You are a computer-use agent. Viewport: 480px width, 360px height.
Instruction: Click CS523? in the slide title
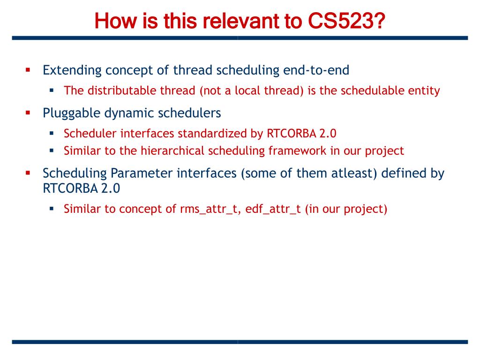click(x=346, y=21)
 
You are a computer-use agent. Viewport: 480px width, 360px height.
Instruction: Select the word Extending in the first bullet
click(x=72, y=70)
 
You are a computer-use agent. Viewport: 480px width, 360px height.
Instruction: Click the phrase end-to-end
click(x=316, y=70)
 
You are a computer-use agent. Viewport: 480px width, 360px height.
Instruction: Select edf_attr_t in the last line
click(x=273, y=209)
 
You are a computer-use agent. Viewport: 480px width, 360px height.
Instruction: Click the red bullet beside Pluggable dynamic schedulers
click(x=28, y=113)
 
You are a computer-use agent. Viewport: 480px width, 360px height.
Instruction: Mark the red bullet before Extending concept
click(x=28, y=70)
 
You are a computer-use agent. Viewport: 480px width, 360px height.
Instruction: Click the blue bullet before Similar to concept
click(x=52, y=209)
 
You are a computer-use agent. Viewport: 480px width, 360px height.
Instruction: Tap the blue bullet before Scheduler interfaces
click(x=52, y=133)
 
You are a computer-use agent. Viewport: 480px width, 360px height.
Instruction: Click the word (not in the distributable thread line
click(x=210, y=90)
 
